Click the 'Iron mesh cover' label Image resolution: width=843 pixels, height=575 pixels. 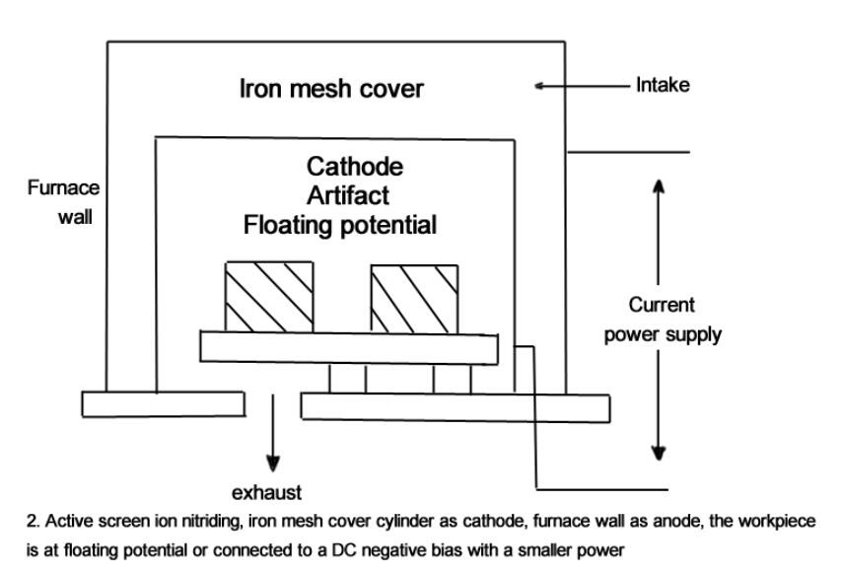[331, 90]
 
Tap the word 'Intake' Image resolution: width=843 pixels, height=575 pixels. [664, 86]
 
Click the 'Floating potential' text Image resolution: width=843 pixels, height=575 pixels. [340, 225]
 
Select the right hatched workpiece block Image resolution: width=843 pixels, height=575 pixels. [413, 296]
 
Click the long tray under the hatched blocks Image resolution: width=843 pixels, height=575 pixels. [355, 346]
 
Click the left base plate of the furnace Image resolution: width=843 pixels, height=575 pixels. [163, 403]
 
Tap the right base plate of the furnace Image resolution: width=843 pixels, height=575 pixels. [455, 405]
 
